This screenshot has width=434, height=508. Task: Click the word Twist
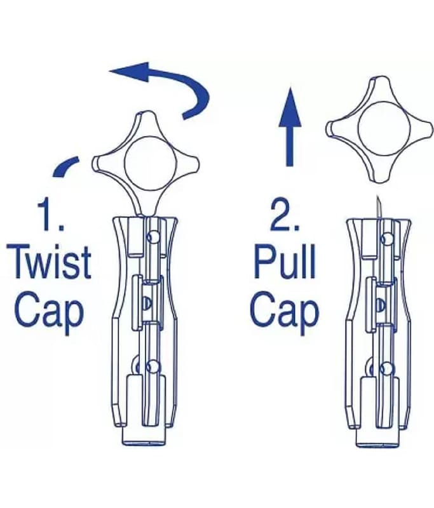tap(49, 263)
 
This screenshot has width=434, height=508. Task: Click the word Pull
tap(285, 262)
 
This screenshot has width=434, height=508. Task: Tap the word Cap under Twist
tap(50, 312)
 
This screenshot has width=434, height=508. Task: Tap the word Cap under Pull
tap(284, 312)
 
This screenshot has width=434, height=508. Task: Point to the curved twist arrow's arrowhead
tap(130, 72)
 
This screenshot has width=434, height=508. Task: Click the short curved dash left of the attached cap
tap(66, 166)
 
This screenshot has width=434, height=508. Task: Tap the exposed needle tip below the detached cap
tap(377, 197)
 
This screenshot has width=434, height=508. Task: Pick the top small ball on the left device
tap(153, 237)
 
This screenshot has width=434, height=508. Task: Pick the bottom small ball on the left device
tap(153, 368)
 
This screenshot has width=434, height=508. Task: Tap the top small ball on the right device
tap(386, 239)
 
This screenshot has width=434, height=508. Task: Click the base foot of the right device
tap(380, 438)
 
